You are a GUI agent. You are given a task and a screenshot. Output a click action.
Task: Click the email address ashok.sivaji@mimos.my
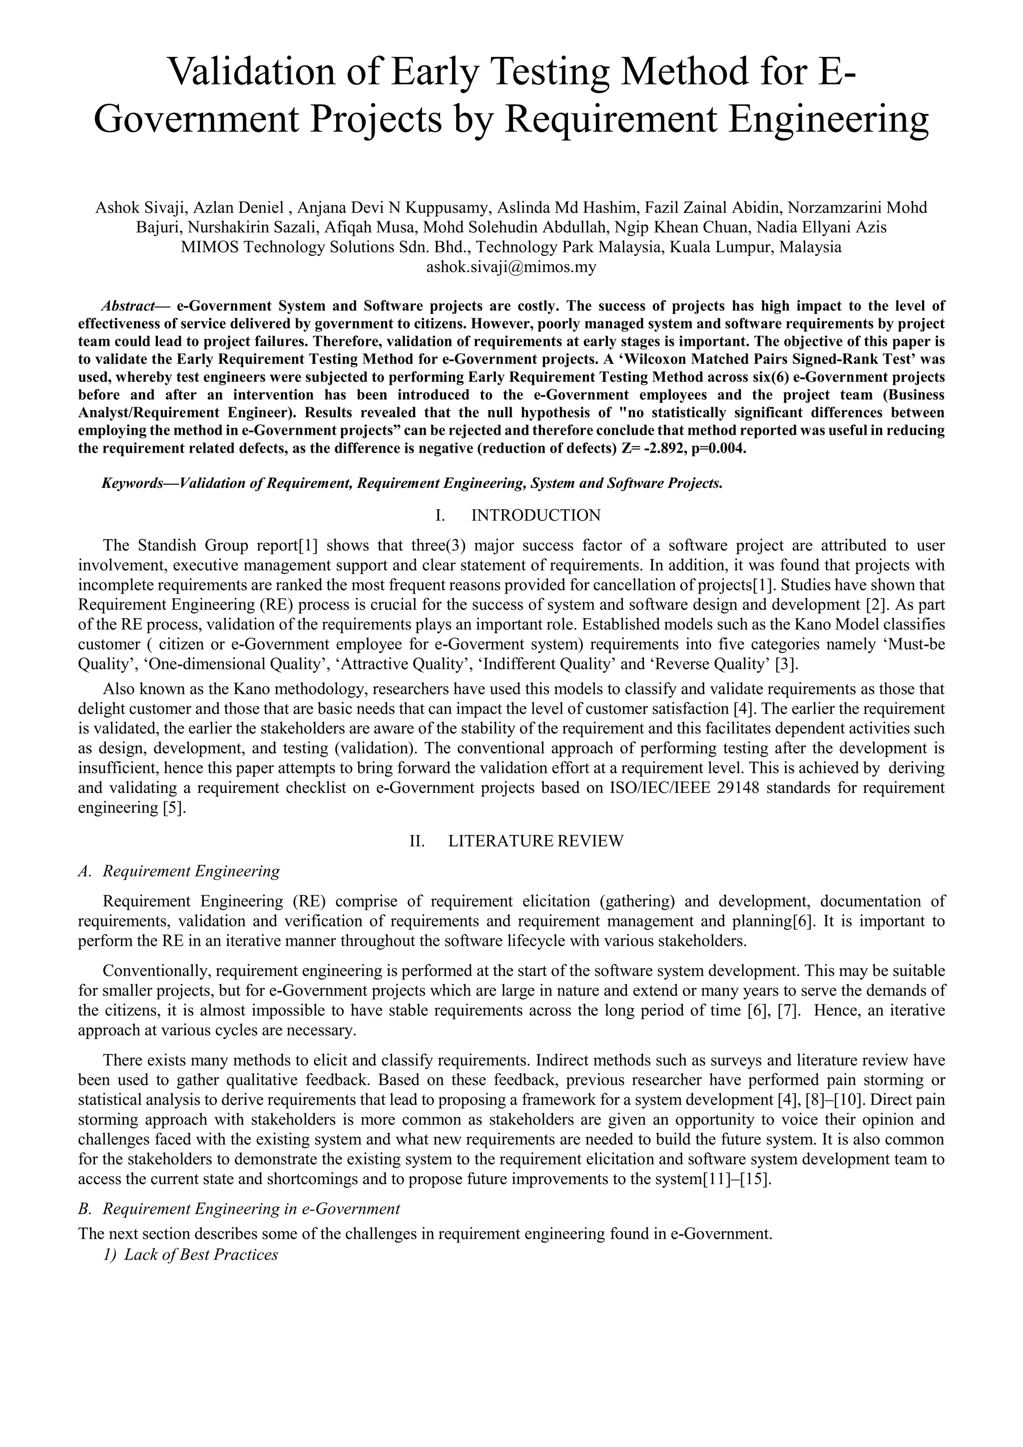point(511,267)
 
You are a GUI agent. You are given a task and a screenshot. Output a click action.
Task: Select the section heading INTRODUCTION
point(535,516)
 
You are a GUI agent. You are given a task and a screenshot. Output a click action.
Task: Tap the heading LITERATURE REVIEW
point(535,841)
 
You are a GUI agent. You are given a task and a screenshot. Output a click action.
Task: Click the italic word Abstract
point(128,306)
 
